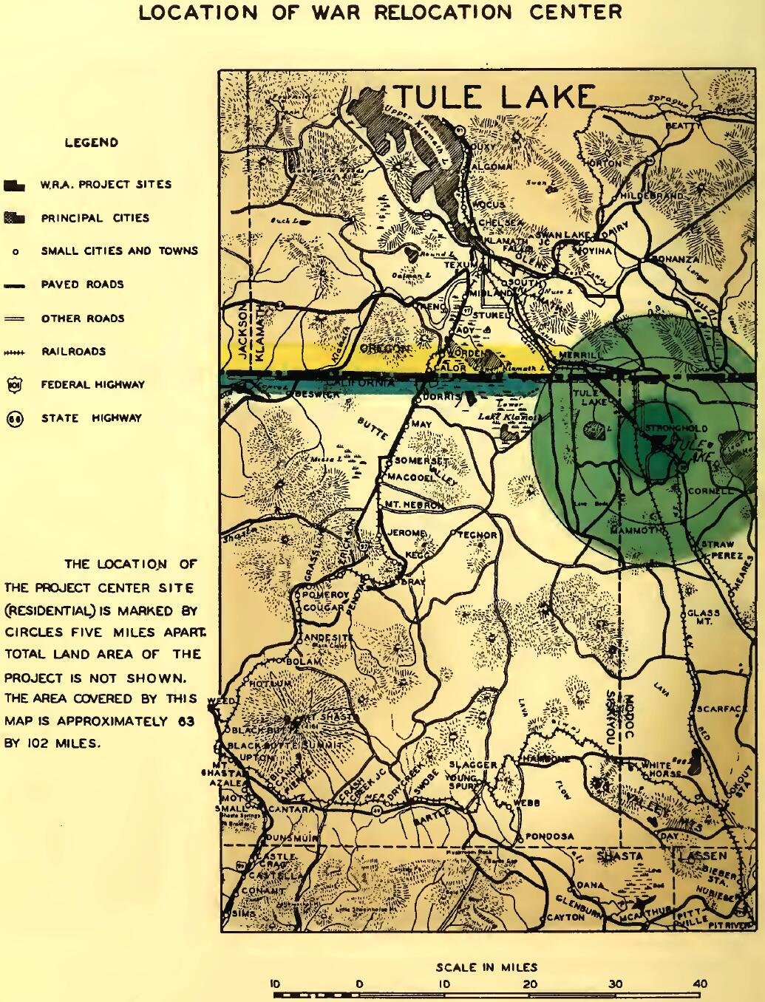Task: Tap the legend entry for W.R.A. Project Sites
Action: click(x=106, y=185)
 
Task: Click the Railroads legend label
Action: click(x=73, y=352)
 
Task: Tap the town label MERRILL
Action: click(x=582, y=355)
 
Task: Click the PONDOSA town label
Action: click(x=549, y=836)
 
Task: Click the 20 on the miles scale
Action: click(x=529, y=984)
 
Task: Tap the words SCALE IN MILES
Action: click(x=486, y=967)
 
